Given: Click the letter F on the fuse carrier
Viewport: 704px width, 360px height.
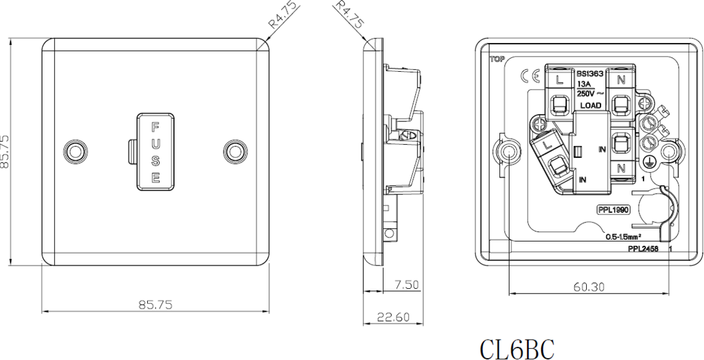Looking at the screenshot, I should click(155, 126).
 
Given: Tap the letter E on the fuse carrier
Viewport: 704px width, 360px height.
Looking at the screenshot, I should click(155, 178).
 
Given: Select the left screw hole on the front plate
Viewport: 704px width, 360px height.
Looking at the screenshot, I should click(75, 151).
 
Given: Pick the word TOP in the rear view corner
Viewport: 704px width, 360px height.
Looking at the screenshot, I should click(496, 59).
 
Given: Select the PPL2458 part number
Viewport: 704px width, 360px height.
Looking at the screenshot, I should click(642, 248).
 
